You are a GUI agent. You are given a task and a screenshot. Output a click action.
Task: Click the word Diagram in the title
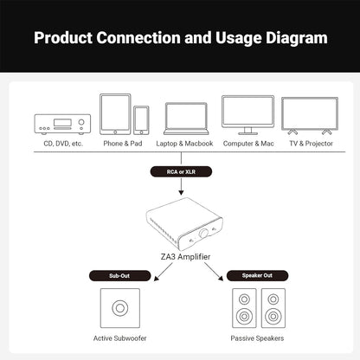297,38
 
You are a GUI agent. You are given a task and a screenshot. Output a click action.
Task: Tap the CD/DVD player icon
62,124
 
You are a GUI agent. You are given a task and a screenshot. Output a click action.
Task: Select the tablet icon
115,114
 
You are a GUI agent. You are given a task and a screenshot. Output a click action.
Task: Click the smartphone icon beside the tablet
141,120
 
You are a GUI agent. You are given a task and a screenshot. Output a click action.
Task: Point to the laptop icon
186,119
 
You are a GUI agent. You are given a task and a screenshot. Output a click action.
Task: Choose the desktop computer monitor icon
248,115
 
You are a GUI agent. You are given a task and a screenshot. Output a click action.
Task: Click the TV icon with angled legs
310,116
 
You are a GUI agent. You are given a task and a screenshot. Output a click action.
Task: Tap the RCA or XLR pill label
181,171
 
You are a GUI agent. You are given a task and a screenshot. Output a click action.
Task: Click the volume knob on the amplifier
204,233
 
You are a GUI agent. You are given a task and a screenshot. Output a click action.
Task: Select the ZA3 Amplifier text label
185,257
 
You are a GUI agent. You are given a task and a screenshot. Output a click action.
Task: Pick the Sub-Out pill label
119,276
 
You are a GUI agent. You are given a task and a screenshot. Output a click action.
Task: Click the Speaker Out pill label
257,275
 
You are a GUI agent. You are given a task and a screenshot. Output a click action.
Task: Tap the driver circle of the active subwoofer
120,308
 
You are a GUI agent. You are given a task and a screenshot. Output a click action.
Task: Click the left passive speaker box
244,308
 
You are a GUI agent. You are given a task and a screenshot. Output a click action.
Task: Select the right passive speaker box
273,308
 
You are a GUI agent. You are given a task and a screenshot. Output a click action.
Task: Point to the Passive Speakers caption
257,338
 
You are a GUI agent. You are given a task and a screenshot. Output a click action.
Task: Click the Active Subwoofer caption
120,338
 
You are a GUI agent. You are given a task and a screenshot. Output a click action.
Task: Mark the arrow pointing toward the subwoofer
163,273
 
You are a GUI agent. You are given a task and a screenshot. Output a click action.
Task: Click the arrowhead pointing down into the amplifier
181,192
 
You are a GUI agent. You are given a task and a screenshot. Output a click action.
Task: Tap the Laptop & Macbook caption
184,144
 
